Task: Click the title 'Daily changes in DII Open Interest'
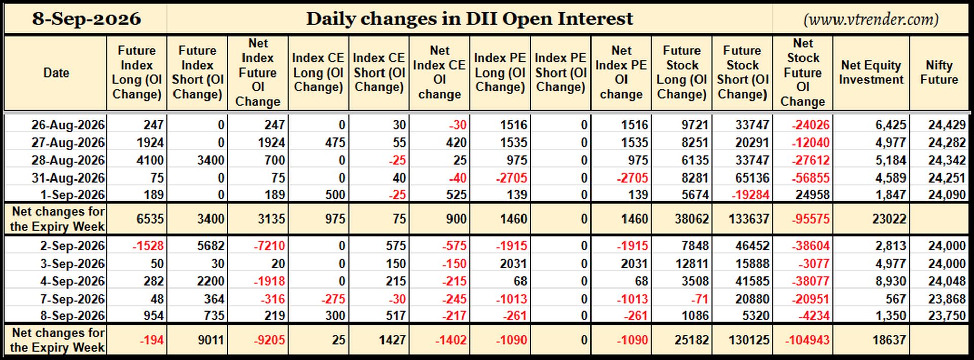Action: coord(469,19)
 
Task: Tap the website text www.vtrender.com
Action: coord(871,19)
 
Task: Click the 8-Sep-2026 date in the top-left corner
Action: coord(87,19)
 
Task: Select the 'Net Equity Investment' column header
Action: coord(871,73)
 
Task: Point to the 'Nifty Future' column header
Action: coord(939,73)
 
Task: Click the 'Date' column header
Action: coord(56,73)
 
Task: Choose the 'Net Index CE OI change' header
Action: coord(439,73)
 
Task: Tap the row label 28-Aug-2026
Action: coord(68,160)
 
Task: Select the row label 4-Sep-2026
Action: coord(73,281)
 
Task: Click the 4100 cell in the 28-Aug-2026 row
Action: coord(150,160)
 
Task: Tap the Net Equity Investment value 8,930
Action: coord(890,281)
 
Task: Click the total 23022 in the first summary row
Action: coord(889,219)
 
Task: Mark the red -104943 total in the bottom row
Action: coord(807,340)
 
